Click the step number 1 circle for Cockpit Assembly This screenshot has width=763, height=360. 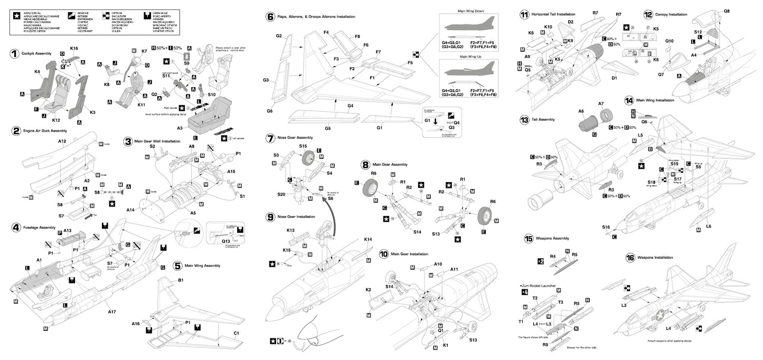pyautogui.click(x=15, y=53)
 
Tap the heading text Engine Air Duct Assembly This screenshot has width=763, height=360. pyautogui.click(x=44, y=130)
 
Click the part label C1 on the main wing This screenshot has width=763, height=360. pyautogui.click(x=237, y=333)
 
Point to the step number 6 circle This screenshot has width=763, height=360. pyautogui.click(x=270, y=17)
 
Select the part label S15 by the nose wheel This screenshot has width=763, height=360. pyautogui.click(x=303, y=146)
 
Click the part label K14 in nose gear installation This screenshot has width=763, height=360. pyautogui.click(x=369, y=240)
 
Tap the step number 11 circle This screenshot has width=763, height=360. pyautogui.click(x=524, y=14)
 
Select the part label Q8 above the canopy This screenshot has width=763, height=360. pyautogui.click(x=727, y=11)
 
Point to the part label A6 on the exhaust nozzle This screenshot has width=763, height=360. pyautogui.click(x=581, y=111)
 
